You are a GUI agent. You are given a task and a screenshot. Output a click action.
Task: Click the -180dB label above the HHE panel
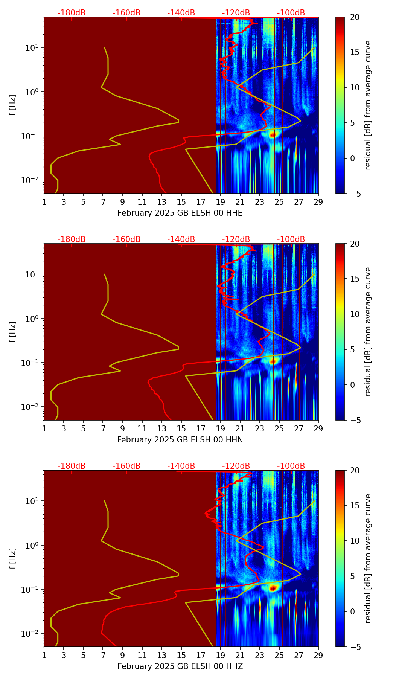(x=72, y=13)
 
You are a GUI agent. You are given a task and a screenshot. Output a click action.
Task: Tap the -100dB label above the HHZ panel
(x=291, y=466)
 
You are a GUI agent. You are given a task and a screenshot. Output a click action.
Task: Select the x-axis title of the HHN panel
(x=180, y=440)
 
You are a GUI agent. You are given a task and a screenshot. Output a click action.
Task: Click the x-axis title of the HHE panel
(x=180, y=213)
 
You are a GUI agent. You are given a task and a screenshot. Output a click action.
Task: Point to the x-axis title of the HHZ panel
(x=180, y=666)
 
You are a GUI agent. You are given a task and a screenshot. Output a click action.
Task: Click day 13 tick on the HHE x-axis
(x=162, y=202)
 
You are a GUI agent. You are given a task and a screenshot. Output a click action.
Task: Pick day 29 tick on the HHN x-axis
(x=318, y=428)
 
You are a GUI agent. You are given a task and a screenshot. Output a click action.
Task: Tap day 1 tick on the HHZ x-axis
(x=44, y=655)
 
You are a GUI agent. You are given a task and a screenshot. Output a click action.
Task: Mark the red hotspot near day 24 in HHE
(x=273, y=134)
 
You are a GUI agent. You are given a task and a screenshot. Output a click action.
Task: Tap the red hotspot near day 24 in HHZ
(x=273, y=587)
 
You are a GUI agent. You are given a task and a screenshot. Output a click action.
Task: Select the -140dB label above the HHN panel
(x=181, y=239)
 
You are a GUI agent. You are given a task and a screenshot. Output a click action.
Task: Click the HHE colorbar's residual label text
(x=368, y=105)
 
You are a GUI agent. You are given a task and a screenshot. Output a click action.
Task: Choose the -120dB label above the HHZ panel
(x=236, y=466)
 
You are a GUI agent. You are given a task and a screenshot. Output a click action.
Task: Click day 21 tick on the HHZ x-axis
(x=240, y=655)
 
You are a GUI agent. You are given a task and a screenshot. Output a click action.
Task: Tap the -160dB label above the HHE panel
(x=126, y=13)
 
